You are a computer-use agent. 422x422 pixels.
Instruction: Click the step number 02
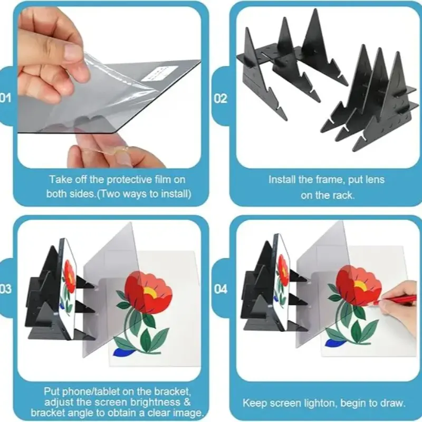tap(220, 99)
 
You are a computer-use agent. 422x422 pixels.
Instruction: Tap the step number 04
tap(220, 289)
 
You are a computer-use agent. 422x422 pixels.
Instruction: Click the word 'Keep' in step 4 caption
tap(255, 403)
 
